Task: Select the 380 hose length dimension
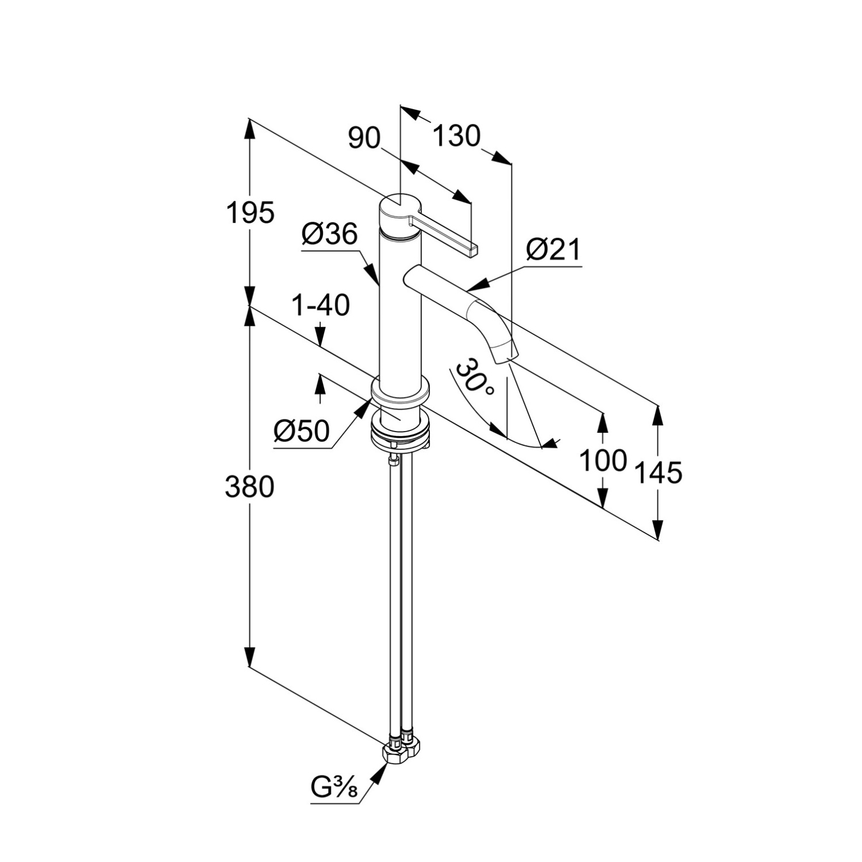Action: pos(249,487)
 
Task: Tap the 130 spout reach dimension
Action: pos(456,137)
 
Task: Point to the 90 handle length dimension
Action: pos(365,138)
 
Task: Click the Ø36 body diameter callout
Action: pos(329,234)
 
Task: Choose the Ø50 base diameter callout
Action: pos(302,430)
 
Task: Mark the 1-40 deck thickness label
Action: pos(321,306)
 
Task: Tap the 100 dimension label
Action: pos(602,460)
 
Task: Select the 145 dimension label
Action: pos(659,472)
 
